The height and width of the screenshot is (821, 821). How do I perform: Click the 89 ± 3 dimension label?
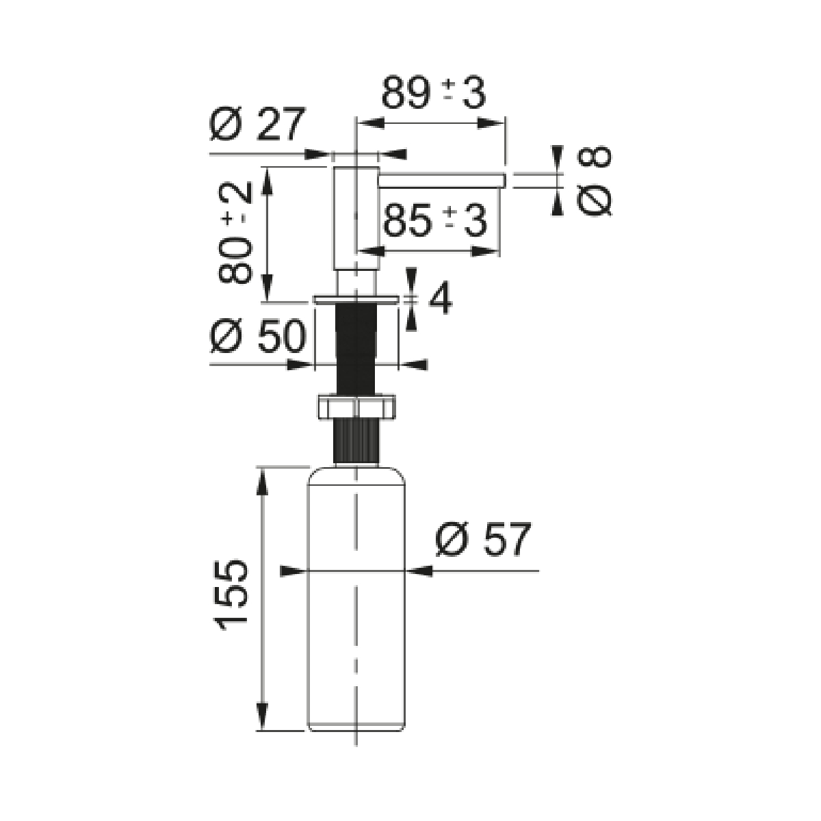(433, 92)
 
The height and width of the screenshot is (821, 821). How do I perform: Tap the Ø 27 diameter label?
(257, 124)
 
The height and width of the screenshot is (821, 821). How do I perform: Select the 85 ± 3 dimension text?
(435, 220)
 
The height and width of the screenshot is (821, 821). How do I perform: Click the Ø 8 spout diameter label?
(595, 181)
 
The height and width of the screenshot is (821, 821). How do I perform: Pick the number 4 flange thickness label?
(441, 298)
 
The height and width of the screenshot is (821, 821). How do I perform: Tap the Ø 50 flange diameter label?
(258, 336)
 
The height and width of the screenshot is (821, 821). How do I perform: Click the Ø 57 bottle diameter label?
(483, 539)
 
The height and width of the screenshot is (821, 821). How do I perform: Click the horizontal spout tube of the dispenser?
(442, 180)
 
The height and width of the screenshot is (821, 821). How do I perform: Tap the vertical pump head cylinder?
(356, 218)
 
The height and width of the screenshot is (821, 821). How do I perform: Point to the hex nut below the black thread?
(356, 406)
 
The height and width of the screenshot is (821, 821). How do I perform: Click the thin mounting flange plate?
(356, 299)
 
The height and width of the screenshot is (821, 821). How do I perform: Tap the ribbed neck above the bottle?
(356, 440)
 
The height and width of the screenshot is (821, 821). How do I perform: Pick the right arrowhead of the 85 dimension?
(485, 251)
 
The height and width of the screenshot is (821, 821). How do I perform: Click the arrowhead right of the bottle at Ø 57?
(419, 571)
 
